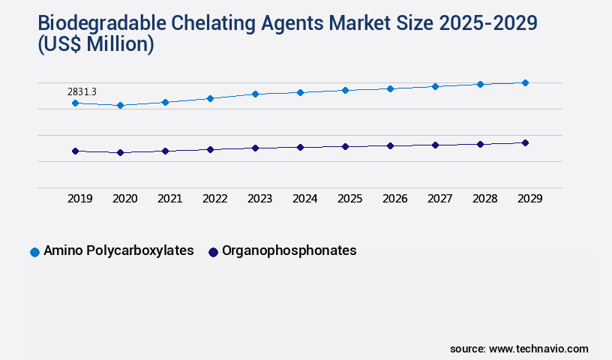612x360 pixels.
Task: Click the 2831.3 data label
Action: tap(82, 91)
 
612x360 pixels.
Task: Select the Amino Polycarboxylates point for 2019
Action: tap(75, 103)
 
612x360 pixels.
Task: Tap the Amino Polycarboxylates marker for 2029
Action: tap(525, 82)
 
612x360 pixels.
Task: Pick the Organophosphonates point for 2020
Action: tap(120, 152)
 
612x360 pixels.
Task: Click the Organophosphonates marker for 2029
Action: tap(525, 142)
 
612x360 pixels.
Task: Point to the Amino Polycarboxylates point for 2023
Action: tap(255, 94)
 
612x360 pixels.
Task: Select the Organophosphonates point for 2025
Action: tap(345, 146)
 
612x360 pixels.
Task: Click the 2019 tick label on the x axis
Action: tap(80, 199)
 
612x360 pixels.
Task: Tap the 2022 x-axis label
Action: tap(215, 199)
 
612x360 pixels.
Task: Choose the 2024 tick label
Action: tap(305, 199)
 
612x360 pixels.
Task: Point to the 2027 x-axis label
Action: tap(440, 199)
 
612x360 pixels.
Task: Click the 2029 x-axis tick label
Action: tap(530, 199)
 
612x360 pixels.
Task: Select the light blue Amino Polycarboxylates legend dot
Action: tap(34, 252)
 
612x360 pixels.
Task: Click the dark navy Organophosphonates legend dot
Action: tap(213, 252)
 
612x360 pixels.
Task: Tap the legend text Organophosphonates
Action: tap(289, 251)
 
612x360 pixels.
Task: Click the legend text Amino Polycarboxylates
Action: tap(118, 251)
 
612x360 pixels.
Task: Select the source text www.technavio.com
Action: tap(538, 349)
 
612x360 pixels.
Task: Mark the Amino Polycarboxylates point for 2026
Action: tap(390, 88)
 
